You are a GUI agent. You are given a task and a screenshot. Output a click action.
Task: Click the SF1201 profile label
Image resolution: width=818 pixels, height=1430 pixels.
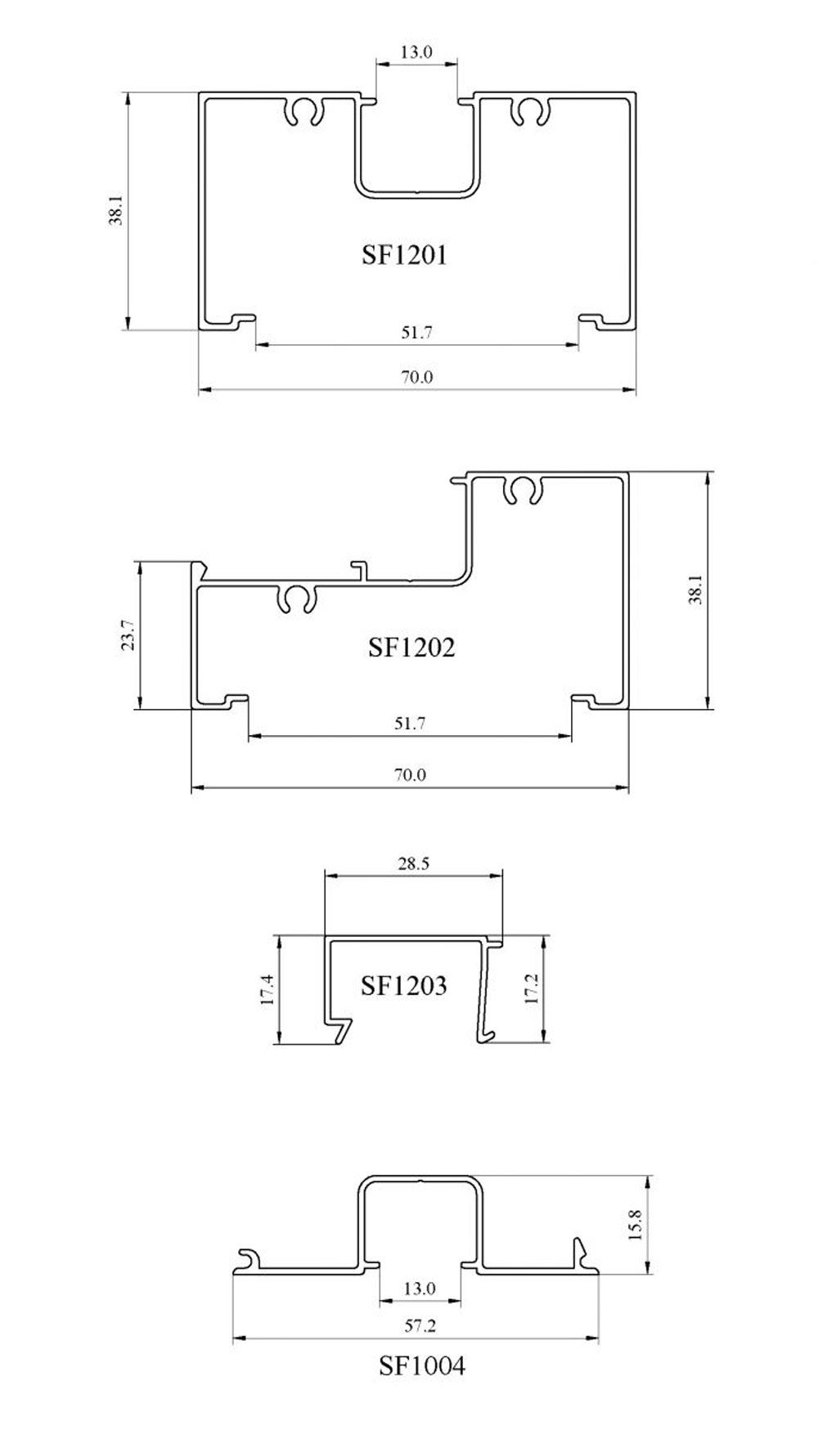(404, 256)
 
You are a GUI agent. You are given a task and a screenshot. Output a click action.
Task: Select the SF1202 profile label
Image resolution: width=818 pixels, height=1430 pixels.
(411, 648)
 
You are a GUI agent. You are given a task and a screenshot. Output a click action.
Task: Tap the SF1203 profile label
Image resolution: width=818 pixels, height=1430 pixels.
(403, 985)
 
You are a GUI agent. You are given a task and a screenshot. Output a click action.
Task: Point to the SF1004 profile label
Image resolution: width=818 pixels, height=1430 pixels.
(421, 1365)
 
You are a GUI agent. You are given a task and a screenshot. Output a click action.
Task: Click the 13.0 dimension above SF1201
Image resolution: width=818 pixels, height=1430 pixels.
(416, 52)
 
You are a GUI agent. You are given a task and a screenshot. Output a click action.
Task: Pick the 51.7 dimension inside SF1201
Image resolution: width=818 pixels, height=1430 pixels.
(416, 333)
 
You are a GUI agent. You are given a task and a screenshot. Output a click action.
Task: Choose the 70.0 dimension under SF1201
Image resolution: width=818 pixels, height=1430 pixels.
(416, 378)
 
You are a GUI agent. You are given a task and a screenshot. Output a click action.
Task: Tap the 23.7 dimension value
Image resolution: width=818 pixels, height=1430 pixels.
(127, 635)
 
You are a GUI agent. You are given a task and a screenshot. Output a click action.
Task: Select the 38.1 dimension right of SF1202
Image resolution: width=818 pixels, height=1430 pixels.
(695, 589)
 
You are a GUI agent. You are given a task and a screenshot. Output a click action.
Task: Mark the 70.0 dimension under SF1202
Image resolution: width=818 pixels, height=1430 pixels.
(410, 774)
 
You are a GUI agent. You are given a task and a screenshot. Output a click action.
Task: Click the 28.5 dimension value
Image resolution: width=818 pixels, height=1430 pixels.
(414, 863)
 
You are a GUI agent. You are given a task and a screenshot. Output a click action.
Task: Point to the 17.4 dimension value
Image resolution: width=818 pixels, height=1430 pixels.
(267, 990)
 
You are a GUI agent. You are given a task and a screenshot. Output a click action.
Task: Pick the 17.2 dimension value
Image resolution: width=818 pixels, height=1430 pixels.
(532, 989)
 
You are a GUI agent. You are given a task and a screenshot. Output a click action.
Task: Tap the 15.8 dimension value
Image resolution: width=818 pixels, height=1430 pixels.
(636, 1226)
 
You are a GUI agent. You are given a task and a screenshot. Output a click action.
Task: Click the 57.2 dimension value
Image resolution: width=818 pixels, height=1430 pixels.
(420, 1326)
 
